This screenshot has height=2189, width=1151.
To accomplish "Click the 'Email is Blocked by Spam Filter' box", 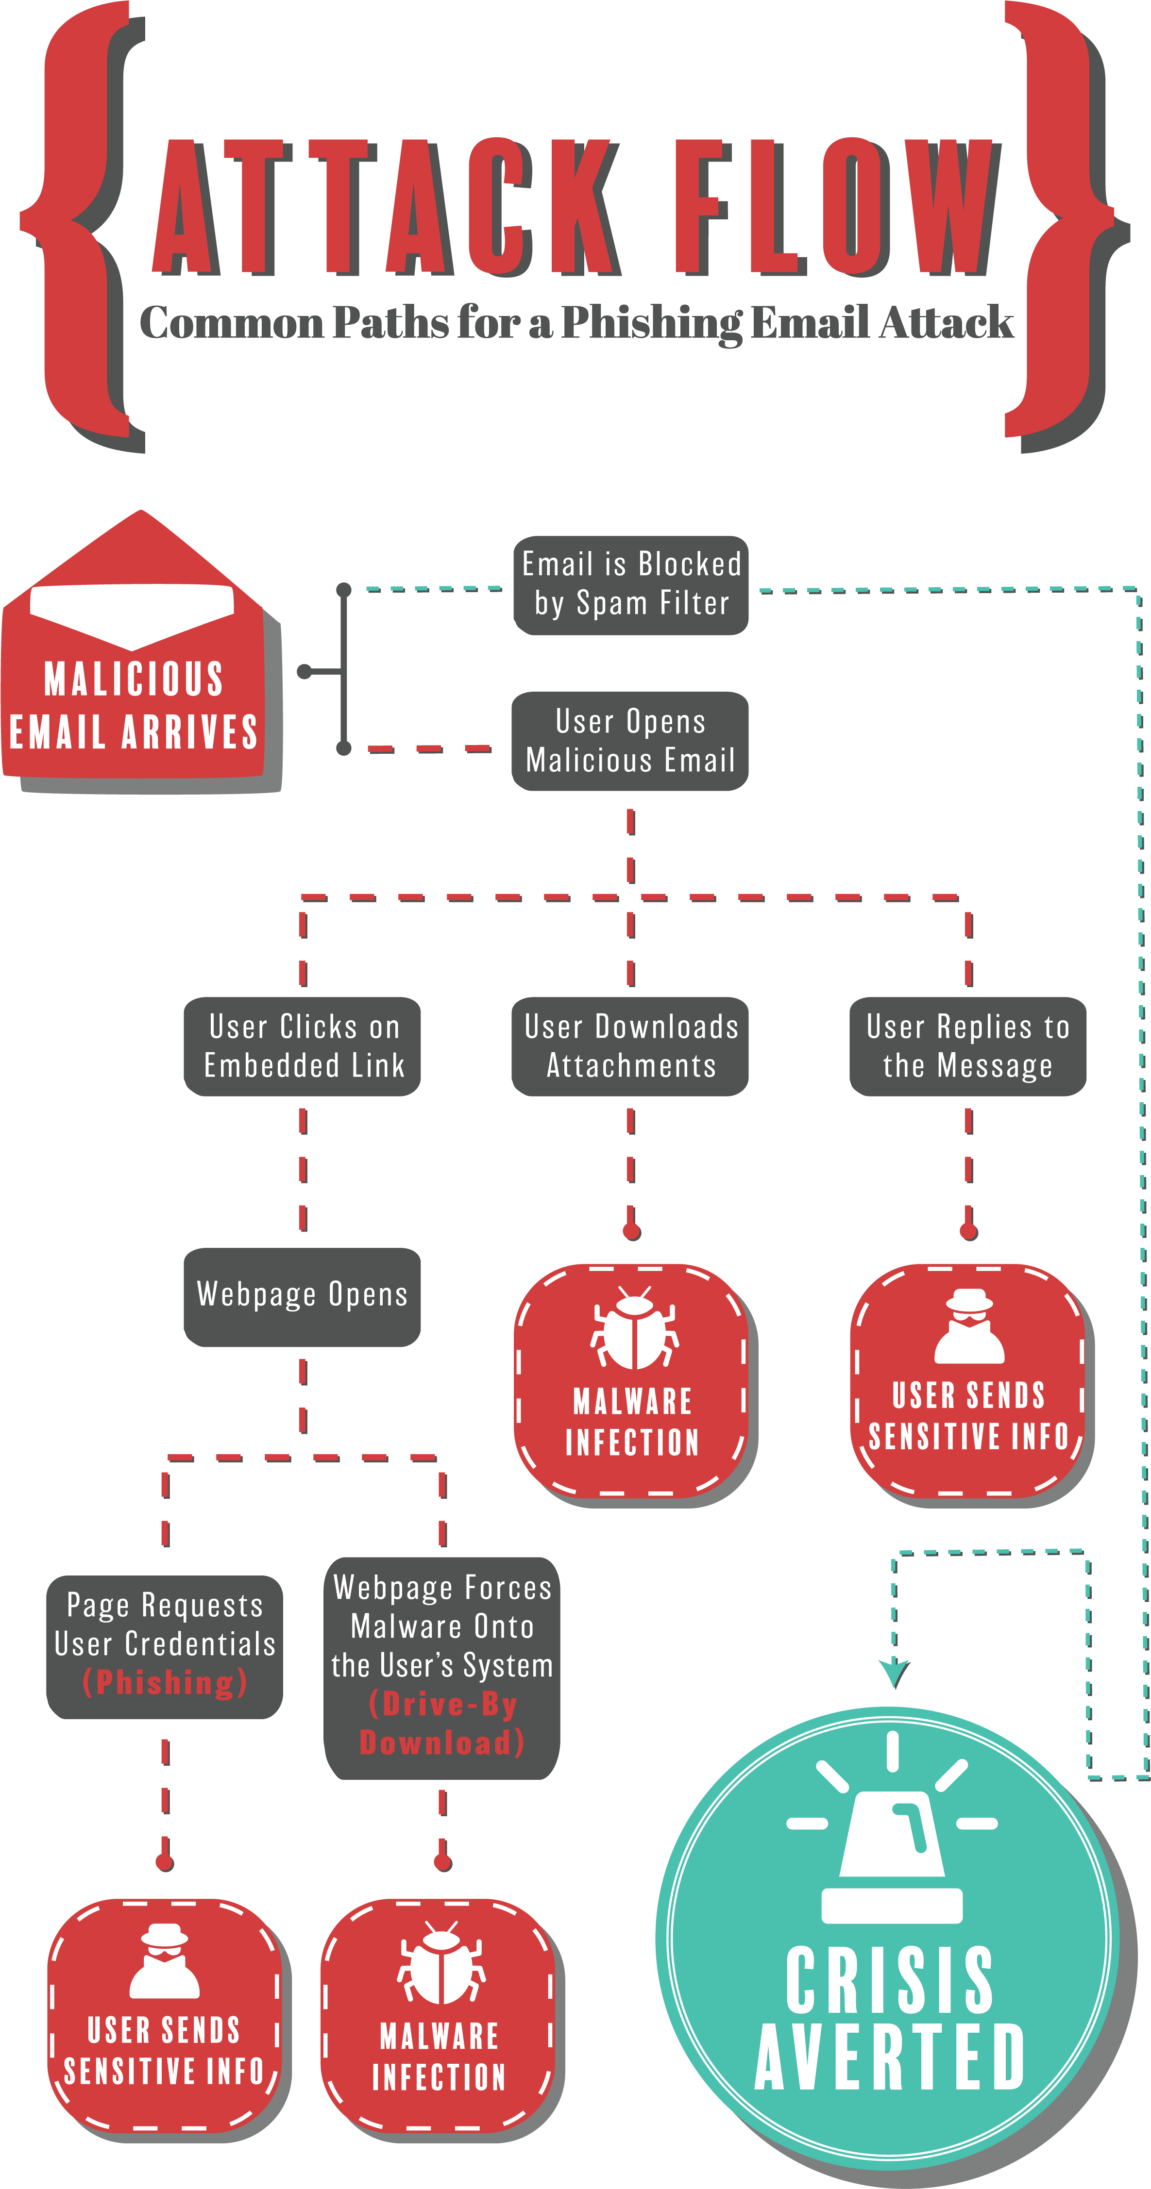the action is tap(631, 585).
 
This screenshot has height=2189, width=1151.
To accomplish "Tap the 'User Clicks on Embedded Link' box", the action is tap(303, 1046).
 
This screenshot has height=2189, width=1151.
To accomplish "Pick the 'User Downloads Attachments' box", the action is tap(630, 1046).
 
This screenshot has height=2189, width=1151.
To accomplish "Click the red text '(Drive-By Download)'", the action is tap(442, 1724).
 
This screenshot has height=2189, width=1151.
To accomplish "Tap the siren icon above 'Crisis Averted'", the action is tap(892, 1826).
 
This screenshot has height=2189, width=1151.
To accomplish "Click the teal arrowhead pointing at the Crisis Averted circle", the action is tap(894, 1673).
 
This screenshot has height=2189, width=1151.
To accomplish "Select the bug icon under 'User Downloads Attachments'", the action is tap(634, 1327).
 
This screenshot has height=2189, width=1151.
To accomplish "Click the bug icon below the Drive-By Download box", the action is tap(441, 1962).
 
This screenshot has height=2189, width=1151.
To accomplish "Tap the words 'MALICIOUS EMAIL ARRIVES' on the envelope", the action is tap(134, 705).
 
